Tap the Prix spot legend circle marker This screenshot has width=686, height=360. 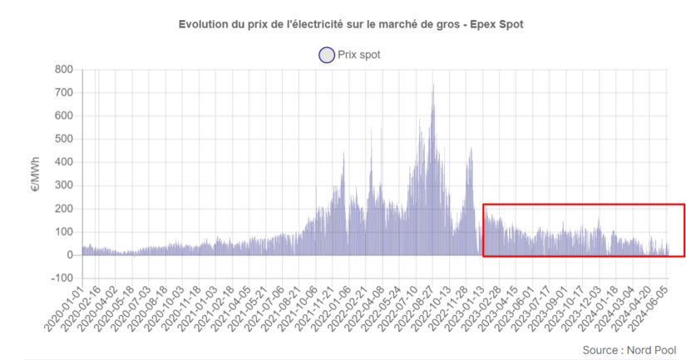pos(325,55)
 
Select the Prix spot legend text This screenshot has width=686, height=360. pos(359,55)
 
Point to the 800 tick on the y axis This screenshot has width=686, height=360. pos(64,70)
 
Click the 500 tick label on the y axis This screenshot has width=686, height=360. pos(64,140)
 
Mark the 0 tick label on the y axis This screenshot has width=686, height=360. pos(71,255)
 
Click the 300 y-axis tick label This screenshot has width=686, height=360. pos(64,186)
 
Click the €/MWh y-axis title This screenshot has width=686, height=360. pos(36,174)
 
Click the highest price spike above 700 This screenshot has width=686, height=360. pos(432,86)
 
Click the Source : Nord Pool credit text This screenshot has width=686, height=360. pos(629,350)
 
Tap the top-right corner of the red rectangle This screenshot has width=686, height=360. pos(684,204)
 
